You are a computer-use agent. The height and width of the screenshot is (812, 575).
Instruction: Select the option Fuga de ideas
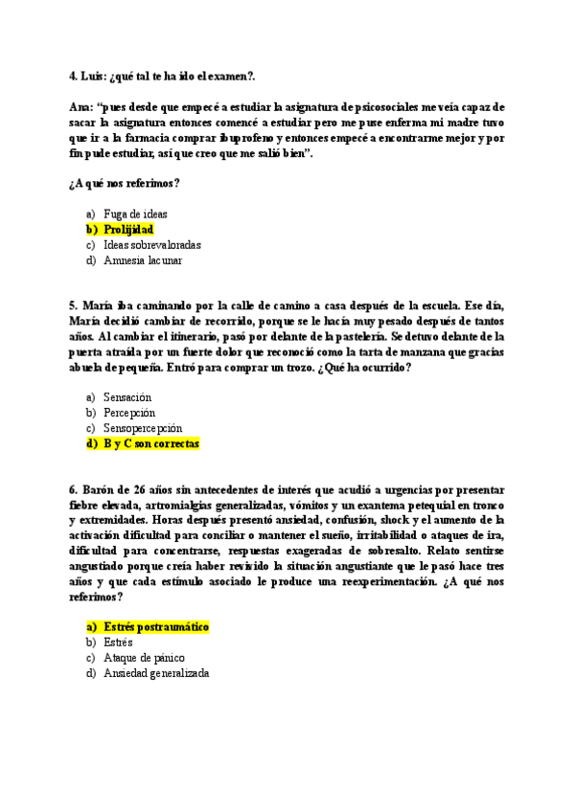(x=135, y=214)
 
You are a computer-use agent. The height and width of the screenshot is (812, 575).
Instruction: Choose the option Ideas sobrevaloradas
(x=152, y=245)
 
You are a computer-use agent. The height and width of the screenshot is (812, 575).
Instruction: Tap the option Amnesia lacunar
(x=143, y=260)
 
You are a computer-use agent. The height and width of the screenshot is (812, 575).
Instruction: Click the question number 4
(x=73, y=76)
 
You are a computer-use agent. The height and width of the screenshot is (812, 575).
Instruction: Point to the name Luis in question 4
(x=94, y=76)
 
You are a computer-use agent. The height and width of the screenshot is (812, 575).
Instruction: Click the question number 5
(x=73, y=305)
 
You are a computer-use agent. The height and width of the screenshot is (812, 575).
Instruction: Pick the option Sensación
(x=127, y=397)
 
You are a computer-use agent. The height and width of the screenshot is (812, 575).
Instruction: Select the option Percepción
(x=129, y=413)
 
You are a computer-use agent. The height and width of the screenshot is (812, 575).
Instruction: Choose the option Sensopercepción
(x=143, y=428)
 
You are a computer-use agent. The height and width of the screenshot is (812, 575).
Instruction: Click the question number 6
(x=73, y=489)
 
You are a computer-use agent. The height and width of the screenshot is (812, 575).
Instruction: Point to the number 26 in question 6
(x=146, y=489)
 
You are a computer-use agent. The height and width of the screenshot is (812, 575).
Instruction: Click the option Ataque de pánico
(x=144, y=658)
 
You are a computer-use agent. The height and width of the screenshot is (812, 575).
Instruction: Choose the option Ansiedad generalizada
(x=156, y=673)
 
